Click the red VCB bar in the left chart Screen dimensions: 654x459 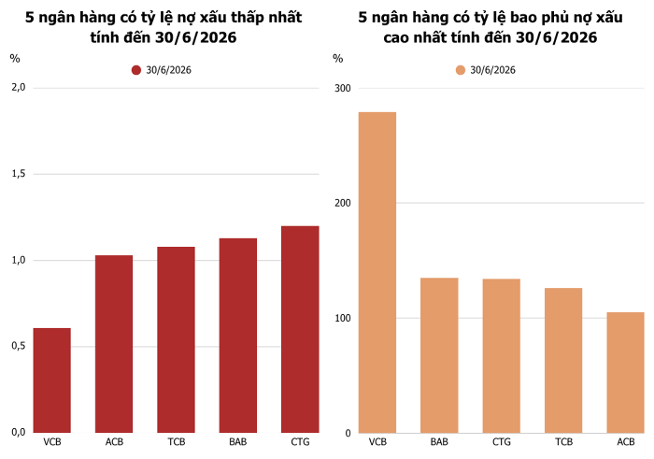tap(52, 380)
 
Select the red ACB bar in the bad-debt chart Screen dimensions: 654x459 tap(114, 344)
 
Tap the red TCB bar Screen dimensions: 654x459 tap(176, 339)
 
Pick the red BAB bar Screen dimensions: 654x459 tap(237, 336)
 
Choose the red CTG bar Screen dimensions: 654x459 tap(300, 329)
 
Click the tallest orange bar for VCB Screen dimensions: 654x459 tap(377, 272)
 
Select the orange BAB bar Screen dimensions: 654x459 tap(439, 355)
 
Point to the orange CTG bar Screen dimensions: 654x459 tap(502, 356)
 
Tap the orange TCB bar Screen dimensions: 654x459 tap(563, 361)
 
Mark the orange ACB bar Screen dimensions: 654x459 tap(626, 373)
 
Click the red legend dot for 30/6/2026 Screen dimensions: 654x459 tap(136, 70)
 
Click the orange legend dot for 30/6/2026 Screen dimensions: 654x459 tap(461, 70)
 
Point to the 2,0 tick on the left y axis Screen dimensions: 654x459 tap(19, 88)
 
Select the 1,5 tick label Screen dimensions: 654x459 tap(19, 174)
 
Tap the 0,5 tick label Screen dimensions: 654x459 tap(19, 346)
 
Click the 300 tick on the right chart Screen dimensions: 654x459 tap(343, 89)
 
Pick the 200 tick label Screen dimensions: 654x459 tap(343, 203)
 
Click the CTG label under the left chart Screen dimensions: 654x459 tap(300, 442)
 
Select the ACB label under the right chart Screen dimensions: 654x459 tap(626, 442)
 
